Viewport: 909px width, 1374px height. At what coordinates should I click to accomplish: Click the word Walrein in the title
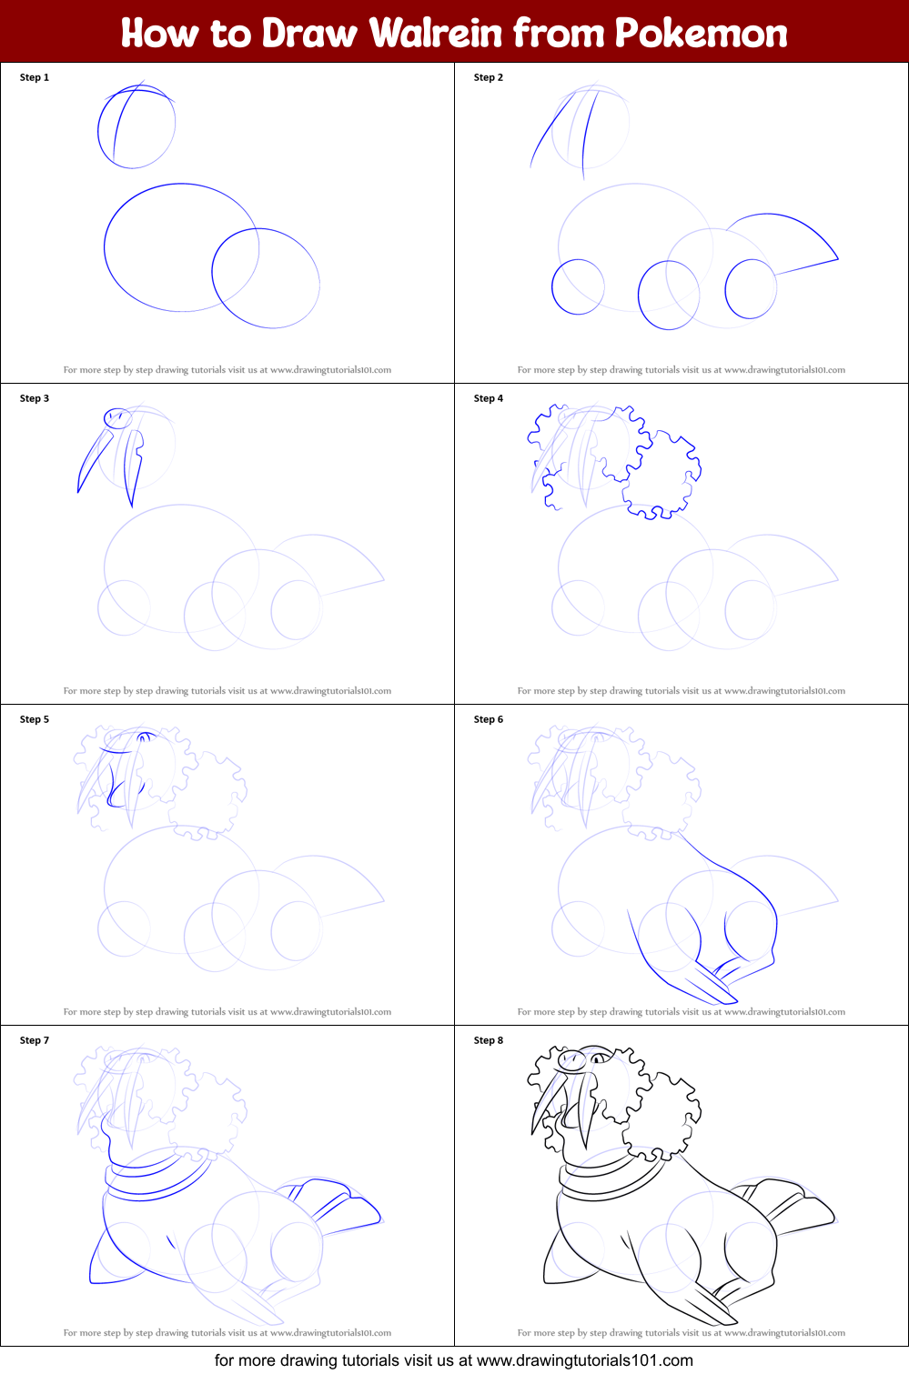coord(435,33)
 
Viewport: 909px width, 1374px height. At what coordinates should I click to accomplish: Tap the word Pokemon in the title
coord(701,33)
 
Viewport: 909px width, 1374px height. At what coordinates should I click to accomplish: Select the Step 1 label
coord(35,77)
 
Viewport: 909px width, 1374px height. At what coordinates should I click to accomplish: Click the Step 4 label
coord(489,398)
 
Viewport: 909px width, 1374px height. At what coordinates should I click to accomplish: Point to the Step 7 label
coord(35,1040)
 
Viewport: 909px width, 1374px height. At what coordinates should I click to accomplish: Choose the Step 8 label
coord(489,1040)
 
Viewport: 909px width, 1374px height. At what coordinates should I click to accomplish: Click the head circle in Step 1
coord(98,129)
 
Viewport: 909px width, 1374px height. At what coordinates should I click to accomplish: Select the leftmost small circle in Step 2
coord(551,287)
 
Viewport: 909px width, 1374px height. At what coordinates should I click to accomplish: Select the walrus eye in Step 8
coord(600,1058)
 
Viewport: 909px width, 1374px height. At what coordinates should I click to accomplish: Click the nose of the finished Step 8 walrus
coord(572,1060)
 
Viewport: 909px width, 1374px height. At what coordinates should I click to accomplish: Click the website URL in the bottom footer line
coord(585,1360)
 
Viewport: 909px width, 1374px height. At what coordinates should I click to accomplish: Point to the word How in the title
coord(159,33)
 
